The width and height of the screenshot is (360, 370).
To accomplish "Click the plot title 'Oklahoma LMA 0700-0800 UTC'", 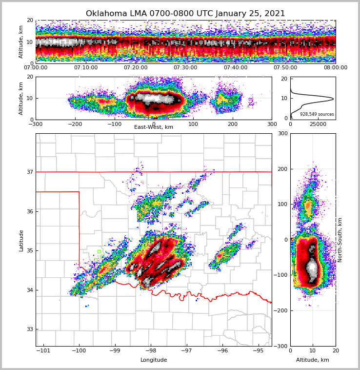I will coord(185,14).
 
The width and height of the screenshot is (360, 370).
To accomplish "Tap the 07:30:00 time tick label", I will coord(185,68).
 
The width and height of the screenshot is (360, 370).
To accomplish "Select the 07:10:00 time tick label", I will coord(85,68).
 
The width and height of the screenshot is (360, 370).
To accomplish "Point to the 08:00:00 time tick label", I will coord(335,68).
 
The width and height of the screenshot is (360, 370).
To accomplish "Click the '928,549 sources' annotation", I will coord(317,114).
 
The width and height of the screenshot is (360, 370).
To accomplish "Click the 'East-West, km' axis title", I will coord(154,127).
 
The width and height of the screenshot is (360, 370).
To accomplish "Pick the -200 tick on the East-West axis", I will coord(75,124).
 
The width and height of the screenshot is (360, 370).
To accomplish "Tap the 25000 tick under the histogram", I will coord(318,124).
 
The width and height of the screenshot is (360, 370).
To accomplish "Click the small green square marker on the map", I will coord(99,252).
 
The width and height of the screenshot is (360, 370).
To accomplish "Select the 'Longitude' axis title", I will coord(154,360).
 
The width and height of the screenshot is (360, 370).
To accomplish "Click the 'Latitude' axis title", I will coord(21,240).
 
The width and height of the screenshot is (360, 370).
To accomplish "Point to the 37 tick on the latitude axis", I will coord(30,172).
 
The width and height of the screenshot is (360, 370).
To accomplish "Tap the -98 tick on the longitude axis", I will coord(150,351).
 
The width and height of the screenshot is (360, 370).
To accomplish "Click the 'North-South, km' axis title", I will coord(340,240).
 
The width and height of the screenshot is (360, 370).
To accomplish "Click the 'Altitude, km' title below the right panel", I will coord(313,360).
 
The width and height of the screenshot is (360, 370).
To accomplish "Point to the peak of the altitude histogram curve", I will coord(333,99).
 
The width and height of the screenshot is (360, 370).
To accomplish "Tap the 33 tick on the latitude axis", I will coord(30,329).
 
